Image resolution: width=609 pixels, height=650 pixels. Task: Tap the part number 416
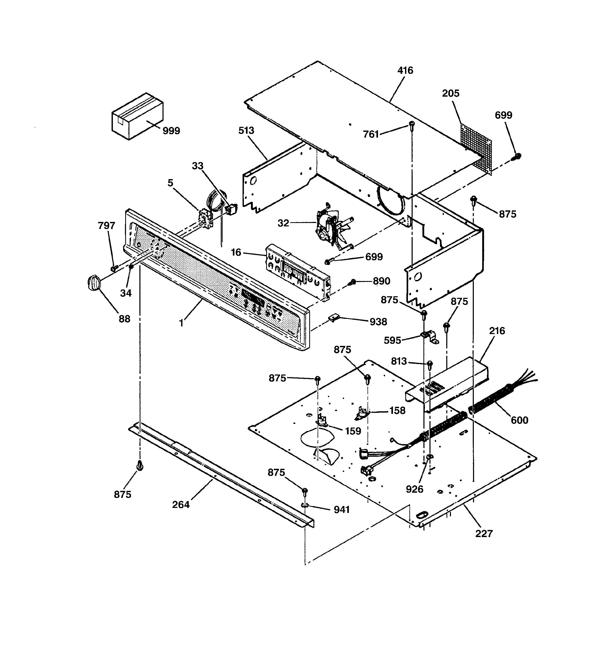(405, 70)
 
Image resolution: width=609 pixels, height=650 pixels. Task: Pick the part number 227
(484, 534)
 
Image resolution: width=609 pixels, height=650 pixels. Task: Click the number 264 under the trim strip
(181, 505)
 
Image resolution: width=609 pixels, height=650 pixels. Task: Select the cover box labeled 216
(448, 384)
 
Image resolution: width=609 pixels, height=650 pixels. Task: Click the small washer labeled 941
(305, 506)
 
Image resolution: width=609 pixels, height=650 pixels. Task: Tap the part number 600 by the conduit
(519, 420)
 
